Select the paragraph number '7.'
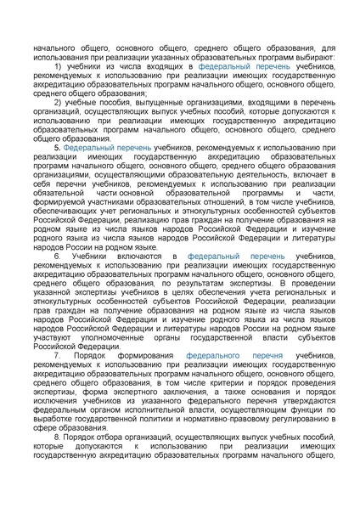click(x=58, y=354)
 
